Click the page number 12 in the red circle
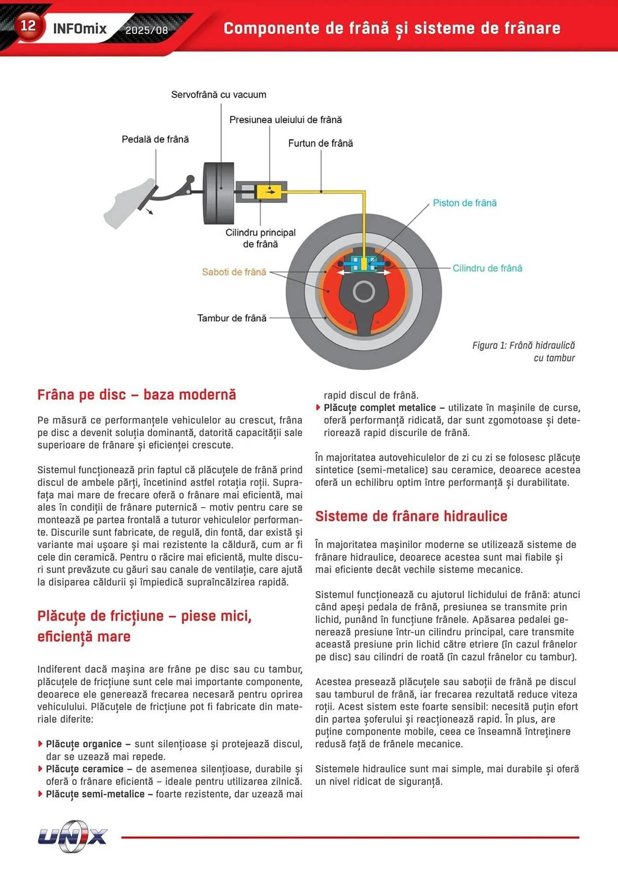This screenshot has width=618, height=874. tap(28, 25)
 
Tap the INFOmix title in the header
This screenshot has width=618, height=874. tap(80, 29)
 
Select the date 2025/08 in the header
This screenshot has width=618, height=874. tap(146, 30)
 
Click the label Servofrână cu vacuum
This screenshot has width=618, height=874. tap(219, 95)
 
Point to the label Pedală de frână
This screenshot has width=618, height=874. tap(155, 139)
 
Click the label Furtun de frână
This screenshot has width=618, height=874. tap(320, 143)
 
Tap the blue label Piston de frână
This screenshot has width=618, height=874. tap(465, 203)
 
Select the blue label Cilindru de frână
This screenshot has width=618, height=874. tap(487, 268)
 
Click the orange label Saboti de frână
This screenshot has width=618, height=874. tap(234, 272)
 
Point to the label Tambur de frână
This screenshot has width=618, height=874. tap(232, 318)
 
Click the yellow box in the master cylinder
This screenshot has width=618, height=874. tap(268, 192)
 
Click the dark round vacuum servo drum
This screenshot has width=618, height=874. tap(219, 193)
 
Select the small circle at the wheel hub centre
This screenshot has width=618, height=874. tap(364, 292)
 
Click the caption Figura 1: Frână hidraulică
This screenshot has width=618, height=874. tap(523, 346)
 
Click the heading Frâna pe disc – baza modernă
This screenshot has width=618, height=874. tap(136, 395)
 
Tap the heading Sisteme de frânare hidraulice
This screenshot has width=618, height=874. tap(411, 516)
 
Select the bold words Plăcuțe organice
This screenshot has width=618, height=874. tap(84, 744)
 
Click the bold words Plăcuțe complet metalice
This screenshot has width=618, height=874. tap(379, 408)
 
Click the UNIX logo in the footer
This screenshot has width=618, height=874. tap(73, 836)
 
